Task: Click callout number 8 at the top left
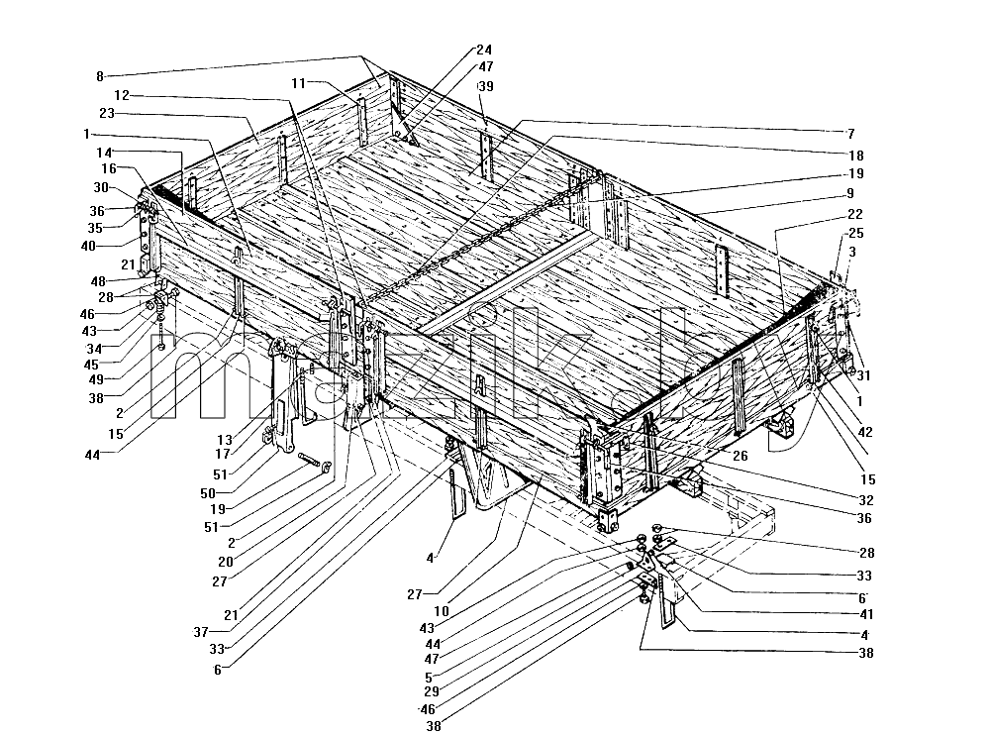pyautogui.click(x=99, y=76)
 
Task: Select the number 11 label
pyautogui.click(x=299, y=83)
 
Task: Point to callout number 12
pyautogui.click(x=122, y=95)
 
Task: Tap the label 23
pyautogui.click(x=107, y=113)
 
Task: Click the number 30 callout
pyautogui.click(x=100, y=187)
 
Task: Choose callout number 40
pyautogui.click(x=88, y=246)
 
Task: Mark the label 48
pyautogui.click(x=98, y=281)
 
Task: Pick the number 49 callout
pyautogui.click(x=96, y=379)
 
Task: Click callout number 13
pyautogui.click(x=225, y=440)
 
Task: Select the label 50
pyautogui.click(x=208, y=493)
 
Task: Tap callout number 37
pyautogui.click(x=201, y=632)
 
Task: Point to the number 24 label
pyautogui.click(x=484, y=50)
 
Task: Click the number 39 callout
pyautogui.click(x=485, y=86)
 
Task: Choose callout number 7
pyautogui.click(x=851, y=134)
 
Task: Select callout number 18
pyautogui.click(x=856, y=156)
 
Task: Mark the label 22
pyautogui.click(x=855, y=214)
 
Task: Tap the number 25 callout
pyautogui.click(x=856, y=233)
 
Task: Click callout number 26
pyautogui.click(x=740, y=456)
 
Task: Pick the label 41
pyautogui.click(x=866, y=614)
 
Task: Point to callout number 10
pyautogui.click(x=442, y=611)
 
